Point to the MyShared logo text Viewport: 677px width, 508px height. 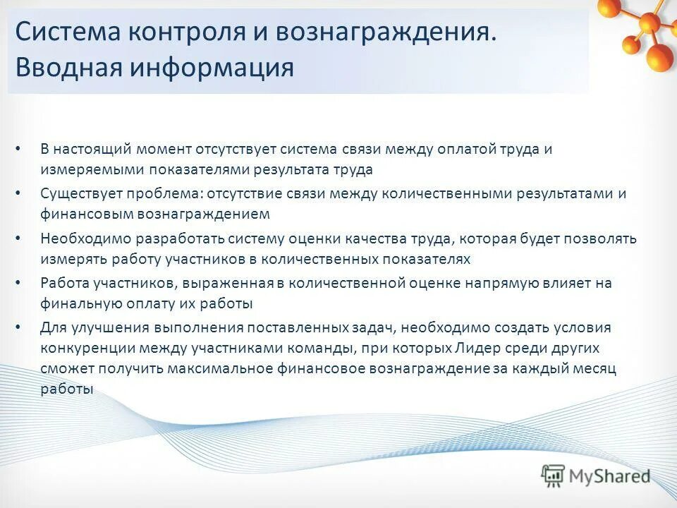(611, 476)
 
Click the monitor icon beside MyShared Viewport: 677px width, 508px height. (554, 476)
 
